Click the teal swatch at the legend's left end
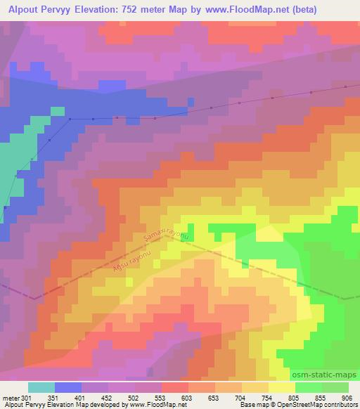click(41, 387)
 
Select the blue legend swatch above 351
click(68, 387)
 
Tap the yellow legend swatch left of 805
click(282, 387)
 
